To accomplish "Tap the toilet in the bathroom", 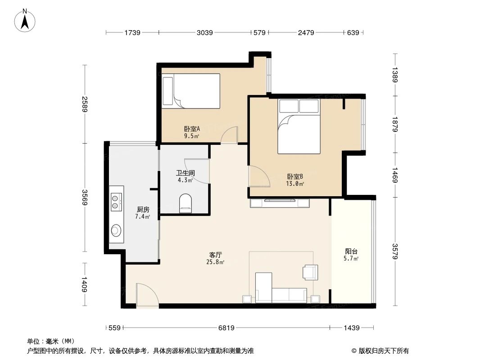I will tap(185, 203).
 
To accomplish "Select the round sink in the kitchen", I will tap(116, 231).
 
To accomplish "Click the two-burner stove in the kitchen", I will tap(116, 201).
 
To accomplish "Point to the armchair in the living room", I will tap(310, 271).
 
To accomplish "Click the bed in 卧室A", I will tap(191, 91).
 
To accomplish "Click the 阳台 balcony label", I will tap(351, 251).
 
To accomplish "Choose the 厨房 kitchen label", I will tap(143, 209).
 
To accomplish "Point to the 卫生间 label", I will tap(185, 173).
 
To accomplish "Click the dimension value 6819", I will tap(226, 328).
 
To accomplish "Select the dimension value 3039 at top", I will tap(205, 32).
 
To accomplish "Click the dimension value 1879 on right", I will tap(395, 124).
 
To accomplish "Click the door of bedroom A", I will tap(230, 135).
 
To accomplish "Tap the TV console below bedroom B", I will tap(280, 203).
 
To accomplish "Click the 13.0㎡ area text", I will tap(295, 184).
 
